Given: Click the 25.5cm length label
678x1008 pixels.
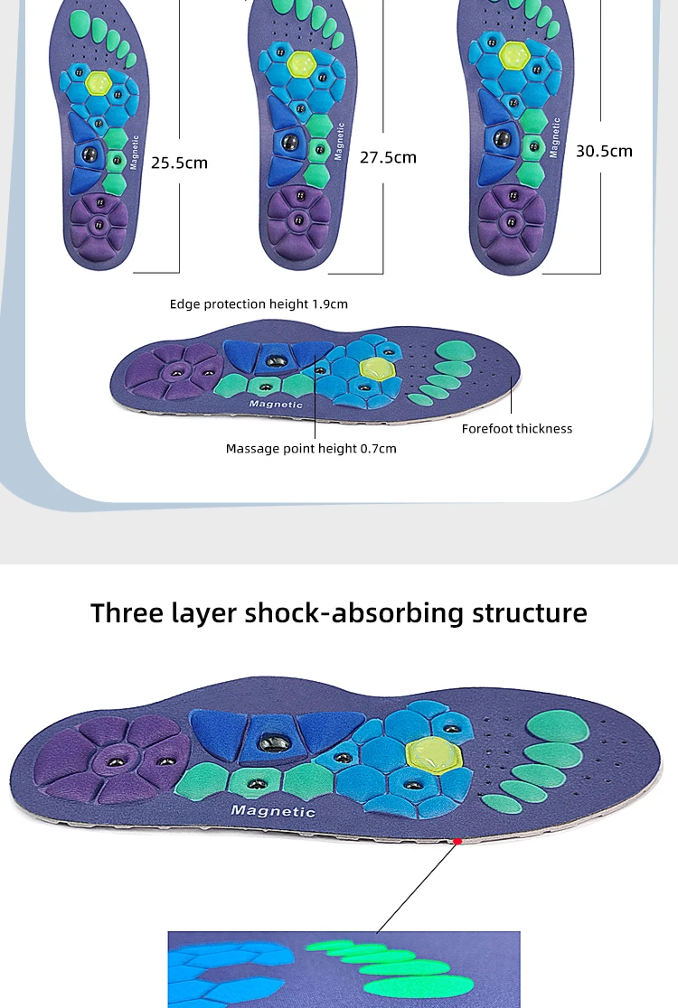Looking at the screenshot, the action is (x=180, y=163).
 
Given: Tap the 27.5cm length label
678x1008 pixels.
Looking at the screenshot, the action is (x=388, y=157).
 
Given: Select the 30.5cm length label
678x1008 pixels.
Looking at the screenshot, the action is (x=604, y=151).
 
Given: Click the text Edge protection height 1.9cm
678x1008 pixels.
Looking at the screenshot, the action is (x=259, y=304).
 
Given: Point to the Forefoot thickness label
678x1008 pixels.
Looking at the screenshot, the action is (x=516, y=429).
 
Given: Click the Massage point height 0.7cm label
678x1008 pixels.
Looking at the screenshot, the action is (x=311, y=449).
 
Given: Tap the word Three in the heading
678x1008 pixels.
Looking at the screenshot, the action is (x=127, y=612).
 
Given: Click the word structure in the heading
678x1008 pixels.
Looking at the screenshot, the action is (x=530, y=612).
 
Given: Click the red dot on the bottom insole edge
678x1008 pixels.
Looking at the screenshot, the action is (x=457, y=841).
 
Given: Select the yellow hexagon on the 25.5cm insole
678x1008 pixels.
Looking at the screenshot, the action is (x=99, y=81).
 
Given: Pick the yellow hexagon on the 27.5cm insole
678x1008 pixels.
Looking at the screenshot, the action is (x=300, y=63).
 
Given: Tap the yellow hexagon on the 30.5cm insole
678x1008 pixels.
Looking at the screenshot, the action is (x=514, y=55).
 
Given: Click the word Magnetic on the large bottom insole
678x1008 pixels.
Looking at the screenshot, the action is (x=273, y=811).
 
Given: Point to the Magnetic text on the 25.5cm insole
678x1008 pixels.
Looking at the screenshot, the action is (x=134, y=153).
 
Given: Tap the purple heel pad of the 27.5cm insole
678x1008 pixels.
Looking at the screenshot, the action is (x=299, y=219).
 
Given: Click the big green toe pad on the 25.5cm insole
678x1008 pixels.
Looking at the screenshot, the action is (x=80, y=23).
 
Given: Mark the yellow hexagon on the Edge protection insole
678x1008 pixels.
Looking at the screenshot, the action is (x=377, y=369).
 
